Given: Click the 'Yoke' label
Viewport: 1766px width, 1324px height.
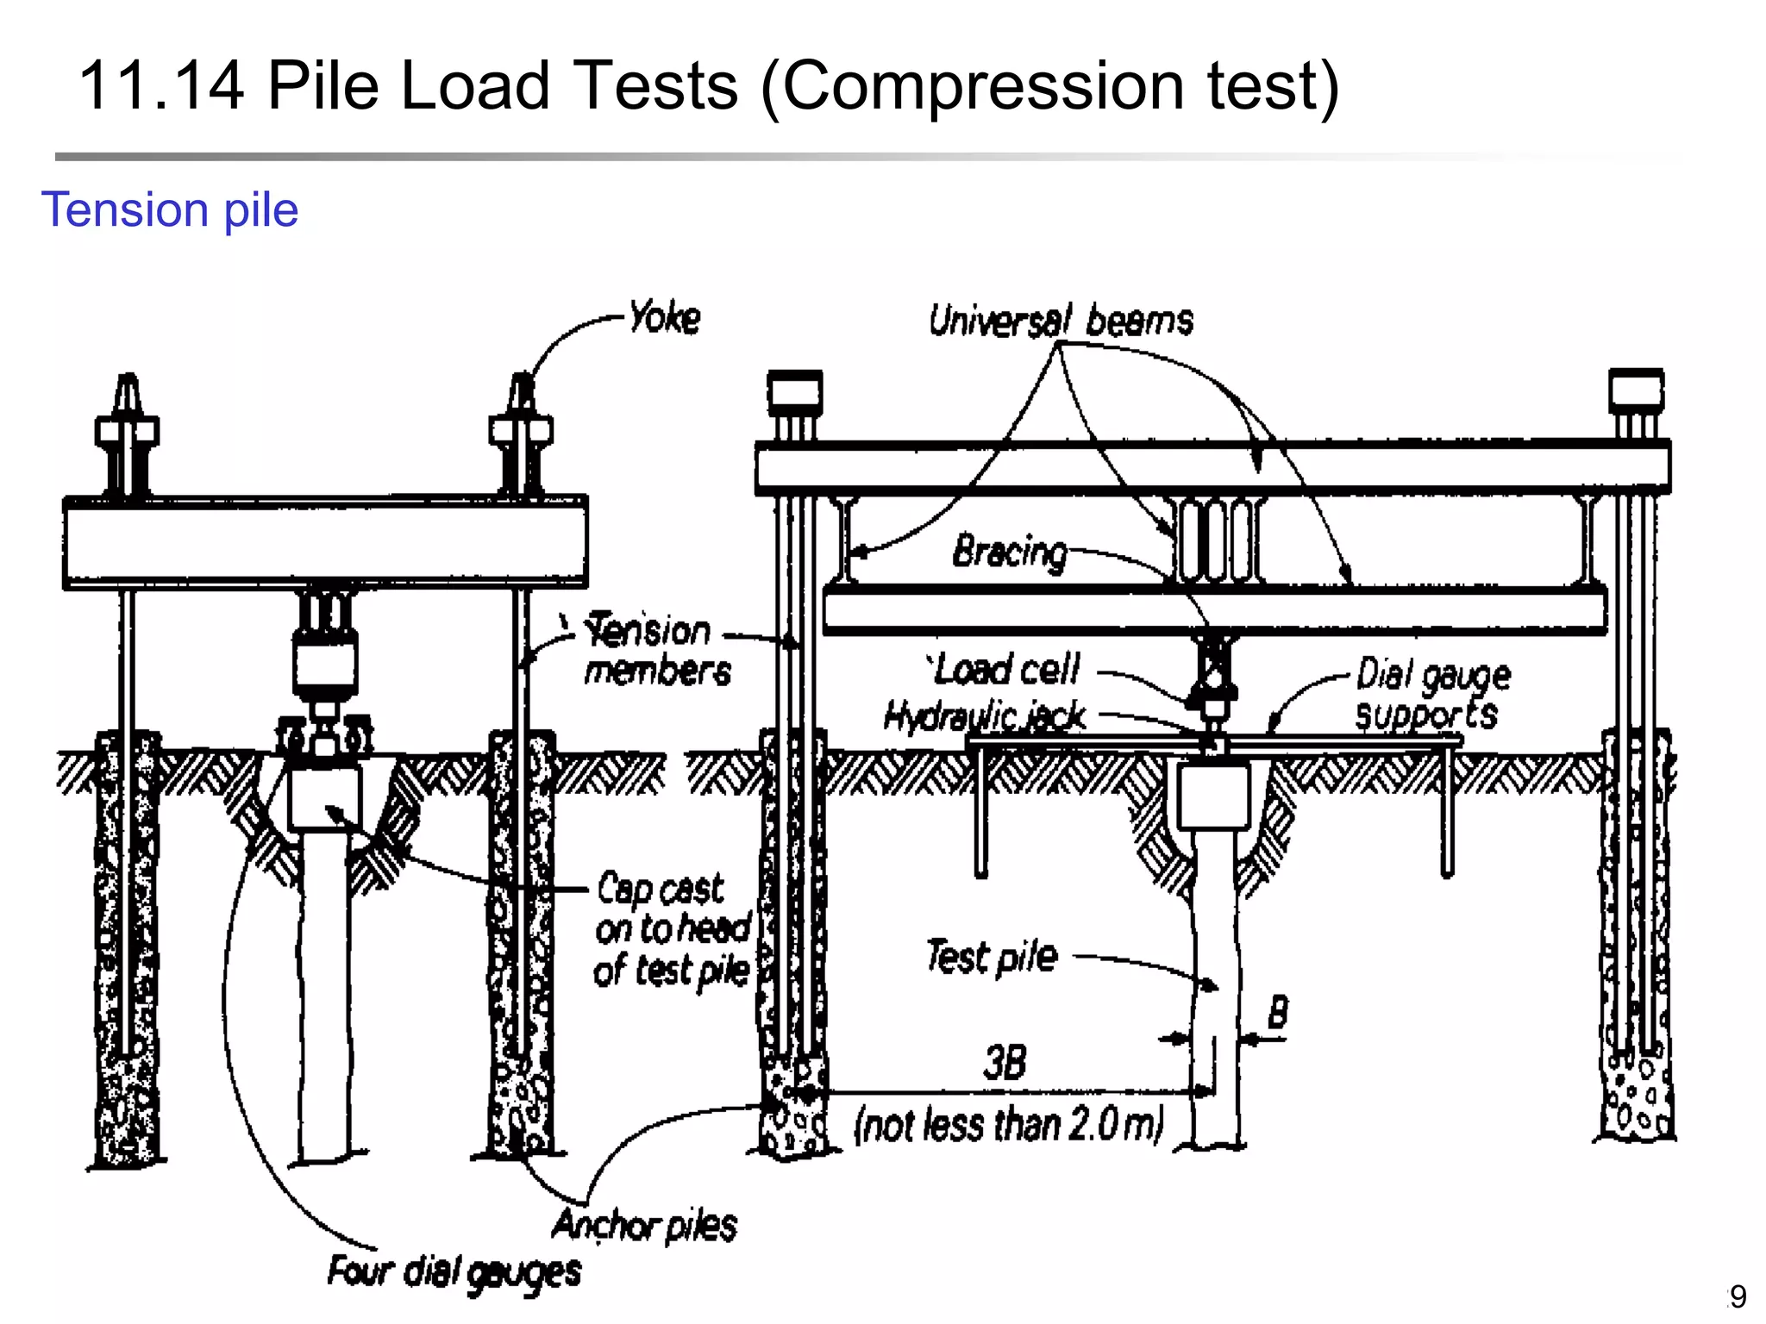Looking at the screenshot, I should [x=664, y=318].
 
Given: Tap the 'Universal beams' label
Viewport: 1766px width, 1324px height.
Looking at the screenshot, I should [x=1061, y=322].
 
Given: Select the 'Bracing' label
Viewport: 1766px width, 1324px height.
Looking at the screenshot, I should [x=1010, y=551].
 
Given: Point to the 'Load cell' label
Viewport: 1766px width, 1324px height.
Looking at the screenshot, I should [x=1005, y=669].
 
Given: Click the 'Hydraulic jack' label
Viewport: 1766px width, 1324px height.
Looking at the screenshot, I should [x=985, y=715].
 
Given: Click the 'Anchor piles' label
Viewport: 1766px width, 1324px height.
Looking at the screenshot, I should [x=644, y=1225].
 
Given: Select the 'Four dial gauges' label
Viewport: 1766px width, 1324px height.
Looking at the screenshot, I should [x=454, y=1272].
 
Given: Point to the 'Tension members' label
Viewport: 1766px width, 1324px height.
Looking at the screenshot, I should [x=656, y=651].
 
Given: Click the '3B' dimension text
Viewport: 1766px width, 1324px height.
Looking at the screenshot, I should [x=1005, y=1063].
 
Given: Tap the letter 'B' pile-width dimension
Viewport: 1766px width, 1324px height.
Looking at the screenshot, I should [x=1278, y=1012].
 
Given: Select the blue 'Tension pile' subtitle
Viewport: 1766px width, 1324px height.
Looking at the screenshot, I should [x=170, y=209].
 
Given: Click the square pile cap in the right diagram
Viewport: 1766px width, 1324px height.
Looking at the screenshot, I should [x=1214, y=796].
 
